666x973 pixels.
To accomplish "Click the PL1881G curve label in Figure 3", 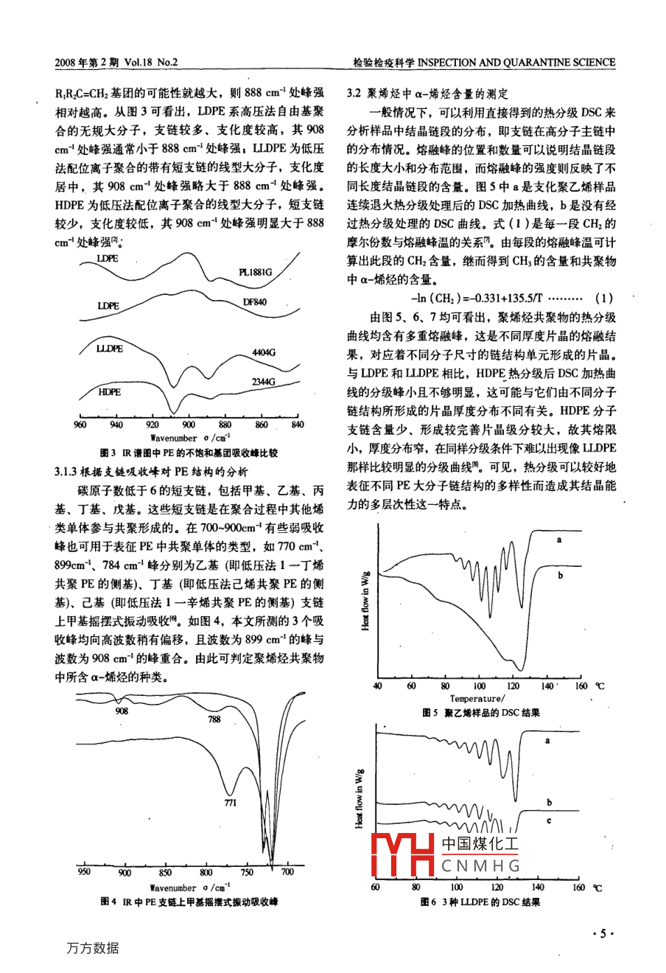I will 256,272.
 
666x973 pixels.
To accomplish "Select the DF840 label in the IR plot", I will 254,302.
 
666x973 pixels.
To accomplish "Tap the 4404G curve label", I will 263,353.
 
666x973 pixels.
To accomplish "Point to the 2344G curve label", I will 263,382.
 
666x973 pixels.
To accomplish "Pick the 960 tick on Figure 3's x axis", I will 80,425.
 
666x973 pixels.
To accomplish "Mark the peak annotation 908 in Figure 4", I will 122,711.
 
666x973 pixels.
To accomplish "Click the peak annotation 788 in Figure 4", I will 214,719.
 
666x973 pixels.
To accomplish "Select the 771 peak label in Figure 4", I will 230,803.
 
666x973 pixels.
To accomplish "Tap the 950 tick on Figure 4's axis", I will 84,873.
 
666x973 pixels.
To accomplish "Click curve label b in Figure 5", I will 560,576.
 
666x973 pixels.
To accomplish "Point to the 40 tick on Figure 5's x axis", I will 378,686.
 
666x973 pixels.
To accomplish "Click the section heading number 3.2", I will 355,94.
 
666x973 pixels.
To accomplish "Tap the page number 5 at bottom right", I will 602,934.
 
